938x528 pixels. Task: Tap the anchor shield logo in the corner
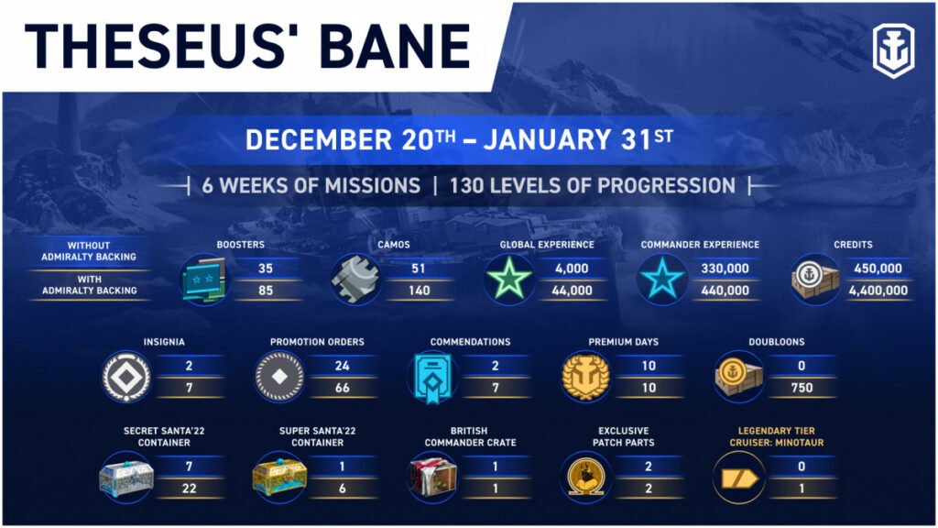(x=893, y=50)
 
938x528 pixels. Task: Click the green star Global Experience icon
(x=509, y=279)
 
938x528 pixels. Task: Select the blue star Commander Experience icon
(x=662, y=279)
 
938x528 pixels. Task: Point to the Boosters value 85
(x=266, y=291)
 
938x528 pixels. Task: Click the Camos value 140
(x=419, y=291)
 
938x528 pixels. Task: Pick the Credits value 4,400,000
(x=878, y=291)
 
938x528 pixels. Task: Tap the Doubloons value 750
(x=802, y=388)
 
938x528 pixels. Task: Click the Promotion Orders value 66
(x=343, y=388)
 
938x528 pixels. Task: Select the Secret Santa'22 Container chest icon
(x=126, y=477)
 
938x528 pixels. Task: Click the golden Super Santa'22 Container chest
(x=279, y=477)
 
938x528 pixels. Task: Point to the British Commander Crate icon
(x=432, y=477)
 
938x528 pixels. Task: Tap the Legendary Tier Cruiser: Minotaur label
(x=777, y=436)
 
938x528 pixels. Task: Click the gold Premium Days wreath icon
(x=585, y=377)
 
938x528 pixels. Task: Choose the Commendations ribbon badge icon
(x=432, y=378)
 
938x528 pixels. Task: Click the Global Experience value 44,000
(x=572, y=291)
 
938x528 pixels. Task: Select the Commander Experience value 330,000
(x=725, y=269)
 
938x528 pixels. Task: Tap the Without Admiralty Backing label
(x=89, y=251)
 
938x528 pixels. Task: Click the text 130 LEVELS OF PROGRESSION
(x=593, y=185)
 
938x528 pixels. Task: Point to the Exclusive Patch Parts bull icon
(x=585, y=477)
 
